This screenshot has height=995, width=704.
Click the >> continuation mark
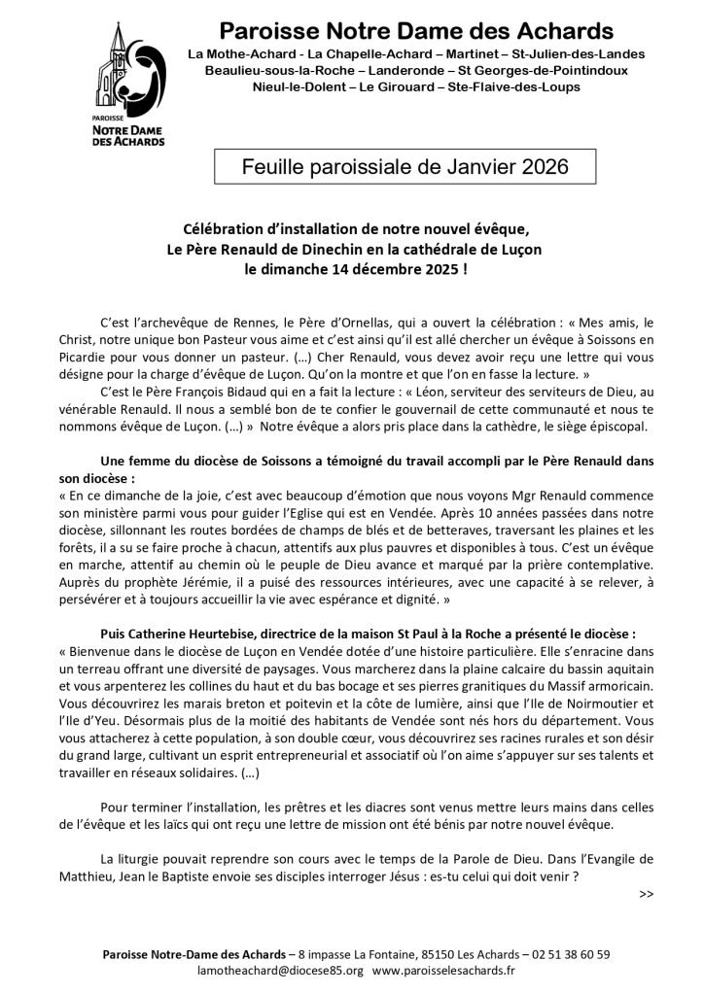pyautogui.click(x=648, y=893)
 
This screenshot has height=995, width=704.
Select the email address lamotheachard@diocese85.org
pyautogui.click(x=278, y=970)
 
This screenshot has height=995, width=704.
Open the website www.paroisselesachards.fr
pyautogui.click(x=443, y=970)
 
